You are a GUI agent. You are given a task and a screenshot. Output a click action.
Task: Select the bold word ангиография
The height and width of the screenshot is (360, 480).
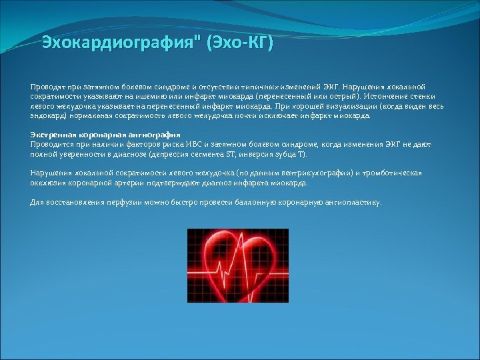[x=154, y=135]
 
